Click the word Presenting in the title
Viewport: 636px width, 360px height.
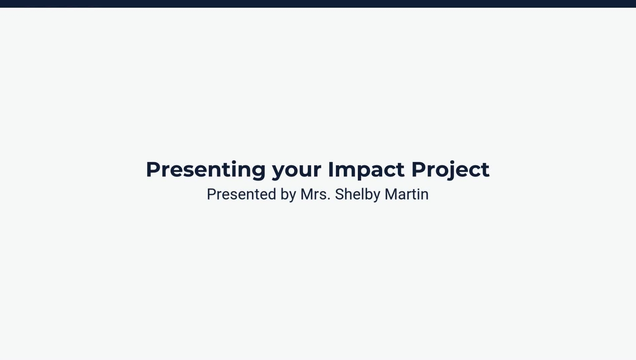205,170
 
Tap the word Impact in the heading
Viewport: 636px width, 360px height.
366,170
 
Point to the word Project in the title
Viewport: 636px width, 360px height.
450,170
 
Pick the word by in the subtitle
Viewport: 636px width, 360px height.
288,195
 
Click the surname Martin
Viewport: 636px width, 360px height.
406,194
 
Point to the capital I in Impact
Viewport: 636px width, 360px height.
330,169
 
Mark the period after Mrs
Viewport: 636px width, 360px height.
328,200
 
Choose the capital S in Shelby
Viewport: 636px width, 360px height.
339,194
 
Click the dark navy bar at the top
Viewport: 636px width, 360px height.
318,3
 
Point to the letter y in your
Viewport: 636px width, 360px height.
278,172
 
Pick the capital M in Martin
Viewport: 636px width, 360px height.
391,194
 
